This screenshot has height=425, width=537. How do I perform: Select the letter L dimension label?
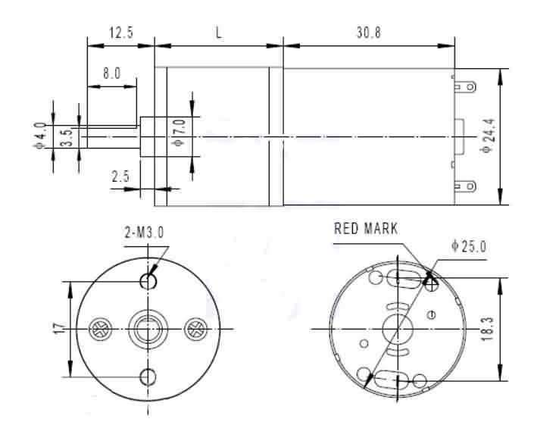pos(218,33)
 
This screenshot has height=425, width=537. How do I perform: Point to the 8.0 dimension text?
pos(111,75)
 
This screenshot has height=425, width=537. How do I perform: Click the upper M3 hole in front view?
pos(148,281)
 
